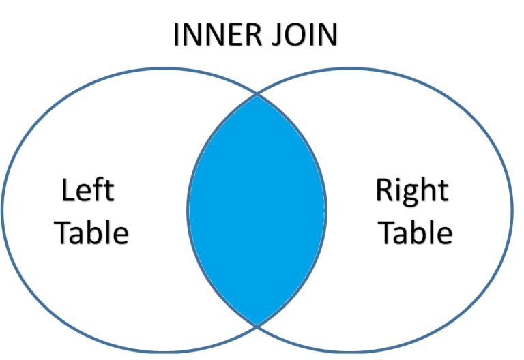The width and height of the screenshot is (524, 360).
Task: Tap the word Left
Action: coord(87,191)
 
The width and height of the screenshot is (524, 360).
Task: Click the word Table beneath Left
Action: coord(92,233)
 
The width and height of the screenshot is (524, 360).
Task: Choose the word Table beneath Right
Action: coord(416,233)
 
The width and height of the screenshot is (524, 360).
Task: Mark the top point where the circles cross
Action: coord(257,94)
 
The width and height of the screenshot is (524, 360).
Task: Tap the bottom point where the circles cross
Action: coord(257,325)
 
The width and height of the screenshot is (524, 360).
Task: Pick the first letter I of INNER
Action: coord(177,35)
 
